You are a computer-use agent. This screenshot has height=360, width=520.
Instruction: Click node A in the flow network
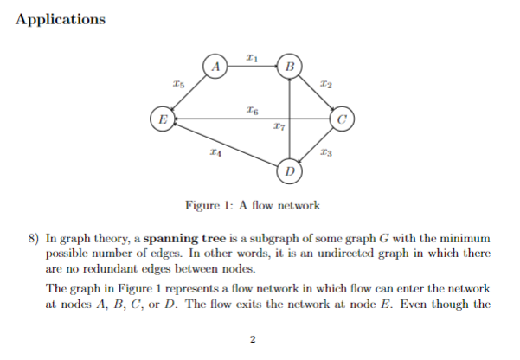pos(216,66)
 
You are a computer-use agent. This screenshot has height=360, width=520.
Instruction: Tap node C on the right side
pos(343,119)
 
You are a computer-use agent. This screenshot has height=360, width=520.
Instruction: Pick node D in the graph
pos(290,171)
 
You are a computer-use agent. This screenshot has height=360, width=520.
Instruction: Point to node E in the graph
pos(160,119)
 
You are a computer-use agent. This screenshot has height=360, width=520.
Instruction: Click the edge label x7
pos(277,128)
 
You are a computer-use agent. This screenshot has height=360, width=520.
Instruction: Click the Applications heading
pos(61,19)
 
